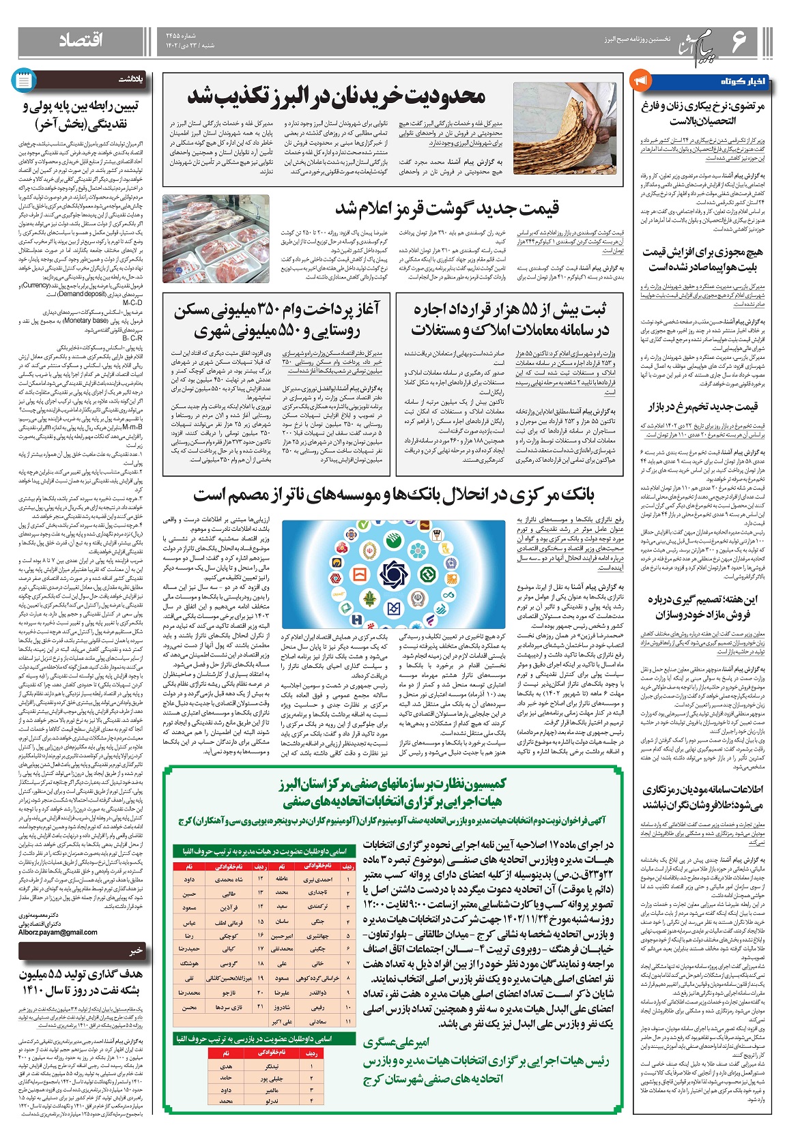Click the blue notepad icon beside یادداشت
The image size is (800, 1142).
tap(23, 80)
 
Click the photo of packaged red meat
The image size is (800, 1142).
tap(216, 238)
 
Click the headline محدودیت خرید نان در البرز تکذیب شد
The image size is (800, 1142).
tap(336, 96)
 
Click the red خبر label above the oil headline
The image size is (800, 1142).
tap(137, 950)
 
